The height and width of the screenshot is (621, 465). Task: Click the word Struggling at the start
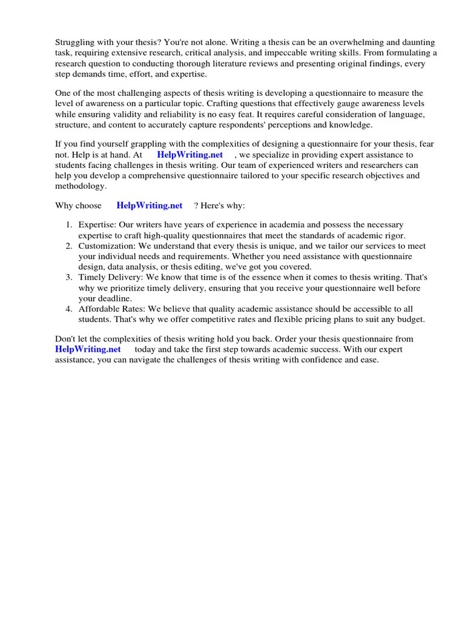pos(76,42)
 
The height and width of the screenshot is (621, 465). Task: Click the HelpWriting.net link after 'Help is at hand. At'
pos(190,155)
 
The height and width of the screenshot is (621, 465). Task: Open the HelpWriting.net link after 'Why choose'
pos(149,206)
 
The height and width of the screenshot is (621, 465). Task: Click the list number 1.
pos(68,224)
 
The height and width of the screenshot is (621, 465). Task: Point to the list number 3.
pos(68,277)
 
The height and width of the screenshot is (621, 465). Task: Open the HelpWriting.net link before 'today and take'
pos(88,349)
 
